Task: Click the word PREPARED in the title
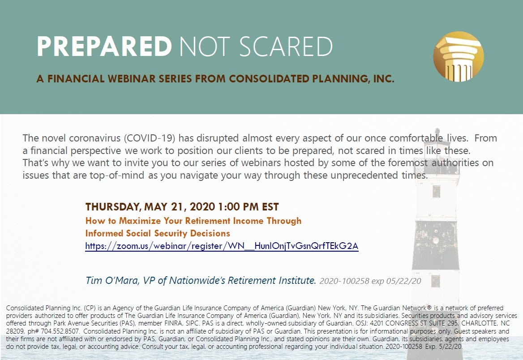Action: point(104,47)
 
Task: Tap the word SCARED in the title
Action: point(286,47)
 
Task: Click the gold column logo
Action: point(458,57)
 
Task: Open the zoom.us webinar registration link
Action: point(222,246)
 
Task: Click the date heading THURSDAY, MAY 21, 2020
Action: point(150,207)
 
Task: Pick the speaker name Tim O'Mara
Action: point(112,280)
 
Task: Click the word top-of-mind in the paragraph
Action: point(117,175)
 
